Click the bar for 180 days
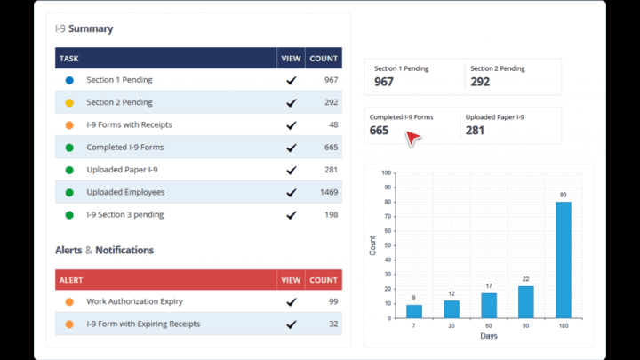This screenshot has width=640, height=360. [x=564, y=260]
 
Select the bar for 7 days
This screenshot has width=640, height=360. [x=414, y=311]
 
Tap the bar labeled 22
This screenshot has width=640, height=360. [x=526, y=301]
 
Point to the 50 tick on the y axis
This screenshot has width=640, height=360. [x=385, y=245]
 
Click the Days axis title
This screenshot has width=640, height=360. [x=488, y=336]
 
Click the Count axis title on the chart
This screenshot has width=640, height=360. [x=372, y=244]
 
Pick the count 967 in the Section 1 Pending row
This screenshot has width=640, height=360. [x=331, y=80]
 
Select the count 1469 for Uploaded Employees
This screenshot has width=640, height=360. [x=328, y=192]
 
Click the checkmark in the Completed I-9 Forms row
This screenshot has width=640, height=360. [x=291, y=148]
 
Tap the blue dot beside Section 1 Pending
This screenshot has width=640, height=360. [x=69, y=80]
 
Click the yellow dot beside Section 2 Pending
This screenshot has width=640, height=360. [x=69, y=102]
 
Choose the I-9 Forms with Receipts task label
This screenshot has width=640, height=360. [x=129, y=124]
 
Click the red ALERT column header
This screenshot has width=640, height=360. [x=71, y=280]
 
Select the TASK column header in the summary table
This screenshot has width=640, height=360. [x=69, y=59]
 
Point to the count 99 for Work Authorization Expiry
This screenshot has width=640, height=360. [x=332, y=301]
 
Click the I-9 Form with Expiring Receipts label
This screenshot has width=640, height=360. [x=143, y=324]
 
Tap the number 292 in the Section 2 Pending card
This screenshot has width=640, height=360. [x=480, y=82]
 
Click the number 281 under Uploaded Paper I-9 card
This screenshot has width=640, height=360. [x=475, y=131]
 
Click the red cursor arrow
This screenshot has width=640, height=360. [x=412, y=139]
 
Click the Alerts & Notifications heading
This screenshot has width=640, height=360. [x=104, y=251]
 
